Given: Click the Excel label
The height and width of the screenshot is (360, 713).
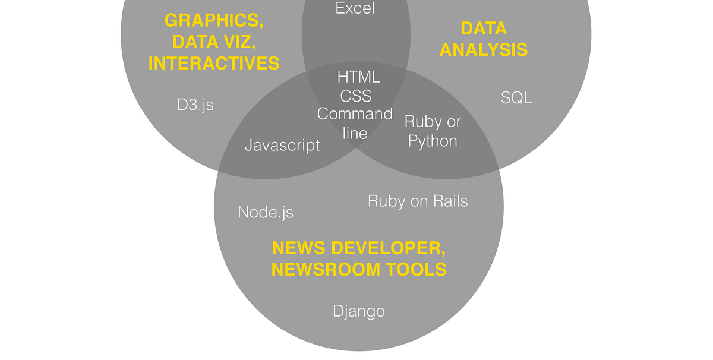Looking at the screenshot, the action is (356, 8).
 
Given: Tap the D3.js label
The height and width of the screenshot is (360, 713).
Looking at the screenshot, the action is (195, 105).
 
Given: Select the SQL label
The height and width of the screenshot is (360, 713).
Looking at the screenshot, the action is (516, 97).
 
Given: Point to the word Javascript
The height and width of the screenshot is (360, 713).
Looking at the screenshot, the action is (282, 145).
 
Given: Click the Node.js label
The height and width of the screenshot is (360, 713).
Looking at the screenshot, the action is (266, 212).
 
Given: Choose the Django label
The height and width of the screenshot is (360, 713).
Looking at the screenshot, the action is (359, 311).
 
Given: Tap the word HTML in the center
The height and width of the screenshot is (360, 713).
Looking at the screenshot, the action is (358, 77).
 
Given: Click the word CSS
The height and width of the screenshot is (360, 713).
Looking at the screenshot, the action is (356, 96).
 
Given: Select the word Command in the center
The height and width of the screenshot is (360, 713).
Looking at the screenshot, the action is (355, 114).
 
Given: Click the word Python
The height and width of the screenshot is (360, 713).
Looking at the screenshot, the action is (433, 141).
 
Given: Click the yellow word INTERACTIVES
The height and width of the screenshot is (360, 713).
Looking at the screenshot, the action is (214, 63).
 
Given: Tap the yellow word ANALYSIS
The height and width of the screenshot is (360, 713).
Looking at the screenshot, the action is (484, 49).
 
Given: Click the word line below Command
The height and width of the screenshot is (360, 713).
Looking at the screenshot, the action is (355, 132).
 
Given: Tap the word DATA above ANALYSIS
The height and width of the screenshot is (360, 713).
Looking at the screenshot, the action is (484, 29).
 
